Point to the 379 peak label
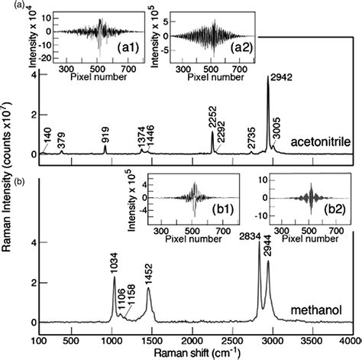coord(62,139)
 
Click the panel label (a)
coord(8,6)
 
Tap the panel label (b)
coord(8,181)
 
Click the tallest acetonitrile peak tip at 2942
coord(267,77)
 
